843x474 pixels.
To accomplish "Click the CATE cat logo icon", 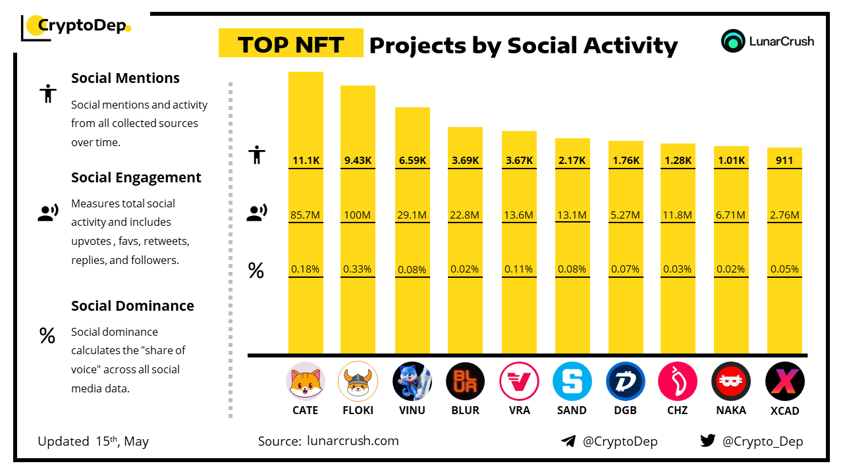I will pos(306,381).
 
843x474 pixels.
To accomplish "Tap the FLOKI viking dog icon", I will pos(358,381).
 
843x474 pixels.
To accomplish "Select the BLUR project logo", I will pos(465,381).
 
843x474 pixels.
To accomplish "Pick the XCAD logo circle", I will pos(784,381).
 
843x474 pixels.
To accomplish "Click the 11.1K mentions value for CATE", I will pos(306,160).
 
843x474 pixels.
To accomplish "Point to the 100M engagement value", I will pos(358,215).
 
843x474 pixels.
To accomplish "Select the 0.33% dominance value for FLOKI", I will pos(358,269).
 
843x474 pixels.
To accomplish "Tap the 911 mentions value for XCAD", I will pos(784,160).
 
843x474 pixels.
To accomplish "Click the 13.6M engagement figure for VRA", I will pos(519,215).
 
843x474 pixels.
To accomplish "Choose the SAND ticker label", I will pos(572,410).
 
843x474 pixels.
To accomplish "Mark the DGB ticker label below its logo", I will pos(625,410).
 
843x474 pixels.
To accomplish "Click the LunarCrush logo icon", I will pos(733,41).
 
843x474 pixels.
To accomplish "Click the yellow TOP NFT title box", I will pos(290,44).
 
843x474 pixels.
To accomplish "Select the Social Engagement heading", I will pos(136,178).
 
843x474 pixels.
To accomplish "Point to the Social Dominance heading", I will pos(132,306).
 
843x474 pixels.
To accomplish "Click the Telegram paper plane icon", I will pos(568,441).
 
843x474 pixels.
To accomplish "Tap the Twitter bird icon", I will pos(707,441).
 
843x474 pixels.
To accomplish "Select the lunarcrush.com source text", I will pos(353,441).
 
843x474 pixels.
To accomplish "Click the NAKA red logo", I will pos(731,381).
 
